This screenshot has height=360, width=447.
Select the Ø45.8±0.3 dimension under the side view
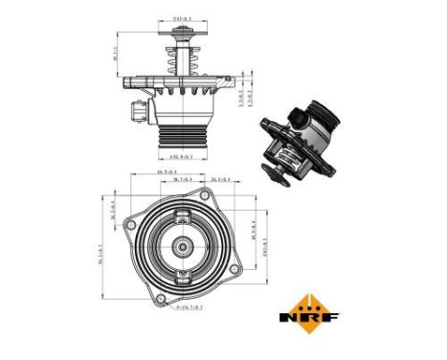[x=182, y=155]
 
